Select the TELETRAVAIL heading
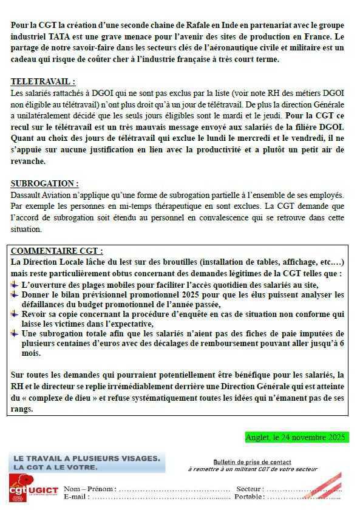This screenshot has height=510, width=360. (x=43, y=81)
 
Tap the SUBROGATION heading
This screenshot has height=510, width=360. (x=44, y=183)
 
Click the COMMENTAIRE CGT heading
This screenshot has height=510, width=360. (x=57, y=251)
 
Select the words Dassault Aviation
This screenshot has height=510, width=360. (x=43, y=195)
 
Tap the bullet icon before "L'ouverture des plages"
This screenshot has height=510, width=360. (x=15, y=284)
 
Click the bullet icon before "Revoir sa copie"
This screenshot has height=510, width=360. (x=15, y=314)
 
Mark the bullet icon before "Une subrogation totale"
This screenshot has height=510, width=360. (x=15, y=335)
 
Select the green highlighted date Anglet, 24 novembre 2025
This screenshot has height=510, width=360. (x=296, y=437)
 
